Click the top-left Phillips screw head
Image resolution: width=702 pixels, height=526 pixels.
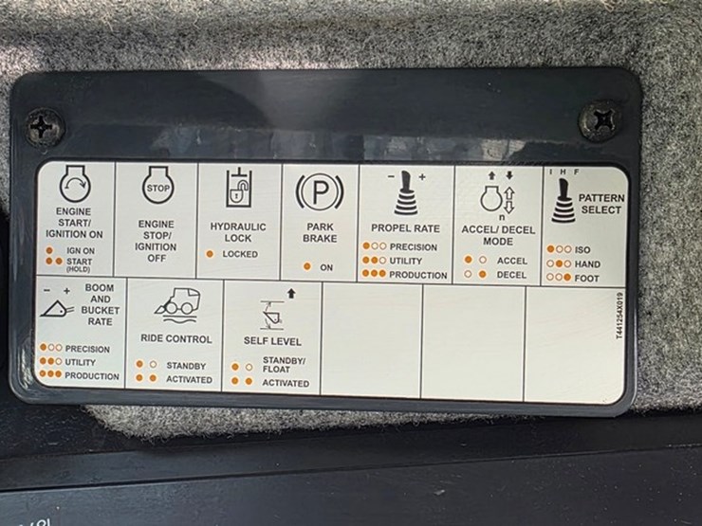point(44,128)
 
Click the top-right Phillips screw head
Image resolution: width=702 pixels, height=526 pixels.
point(600,120)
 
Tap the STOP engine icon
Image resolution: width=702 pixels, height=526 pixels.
point(158,185)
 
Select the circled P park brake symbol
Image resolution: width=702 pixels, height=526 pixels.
point(320,191)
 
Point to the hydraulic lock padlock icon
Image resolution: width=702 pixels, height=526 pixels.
point(238,189)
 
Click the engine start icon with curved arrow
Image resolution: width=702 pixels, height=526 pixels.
point(75,184)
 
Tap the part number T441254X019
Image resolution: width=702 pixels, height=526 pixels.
point(619,316)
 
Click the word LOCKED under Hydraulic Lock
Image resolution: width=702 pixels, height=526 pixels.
point(240,254)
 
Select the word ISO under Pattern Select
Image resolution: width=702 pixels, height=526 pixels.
point(582,249)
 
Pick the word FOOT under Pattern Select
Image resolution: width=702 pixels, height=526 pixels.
point(586,279)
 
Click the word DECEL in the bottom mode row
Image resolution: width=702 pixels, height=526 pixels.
point(511,275)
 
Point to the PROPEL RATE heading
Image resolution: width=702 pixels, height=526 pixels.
point(405,228)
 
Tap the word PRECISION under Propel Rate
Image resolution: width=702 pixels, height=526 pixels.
point(414,247)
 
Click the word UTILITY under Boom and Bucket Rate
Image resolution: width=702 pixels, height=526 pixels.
point(80,362)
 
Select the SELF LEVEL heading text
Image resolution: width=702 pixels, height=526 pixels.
point(272,341)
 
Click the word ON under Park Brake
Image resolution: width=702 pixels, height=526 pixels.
point(326,267)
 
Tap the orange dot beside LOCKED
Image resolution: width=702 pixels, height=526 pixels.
point(210,254)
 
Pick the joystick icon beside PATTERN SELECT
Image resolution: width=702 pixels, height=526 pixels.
point(563,201)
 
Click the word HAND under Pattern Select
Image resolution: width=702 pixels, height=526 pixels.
point(587,263)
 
